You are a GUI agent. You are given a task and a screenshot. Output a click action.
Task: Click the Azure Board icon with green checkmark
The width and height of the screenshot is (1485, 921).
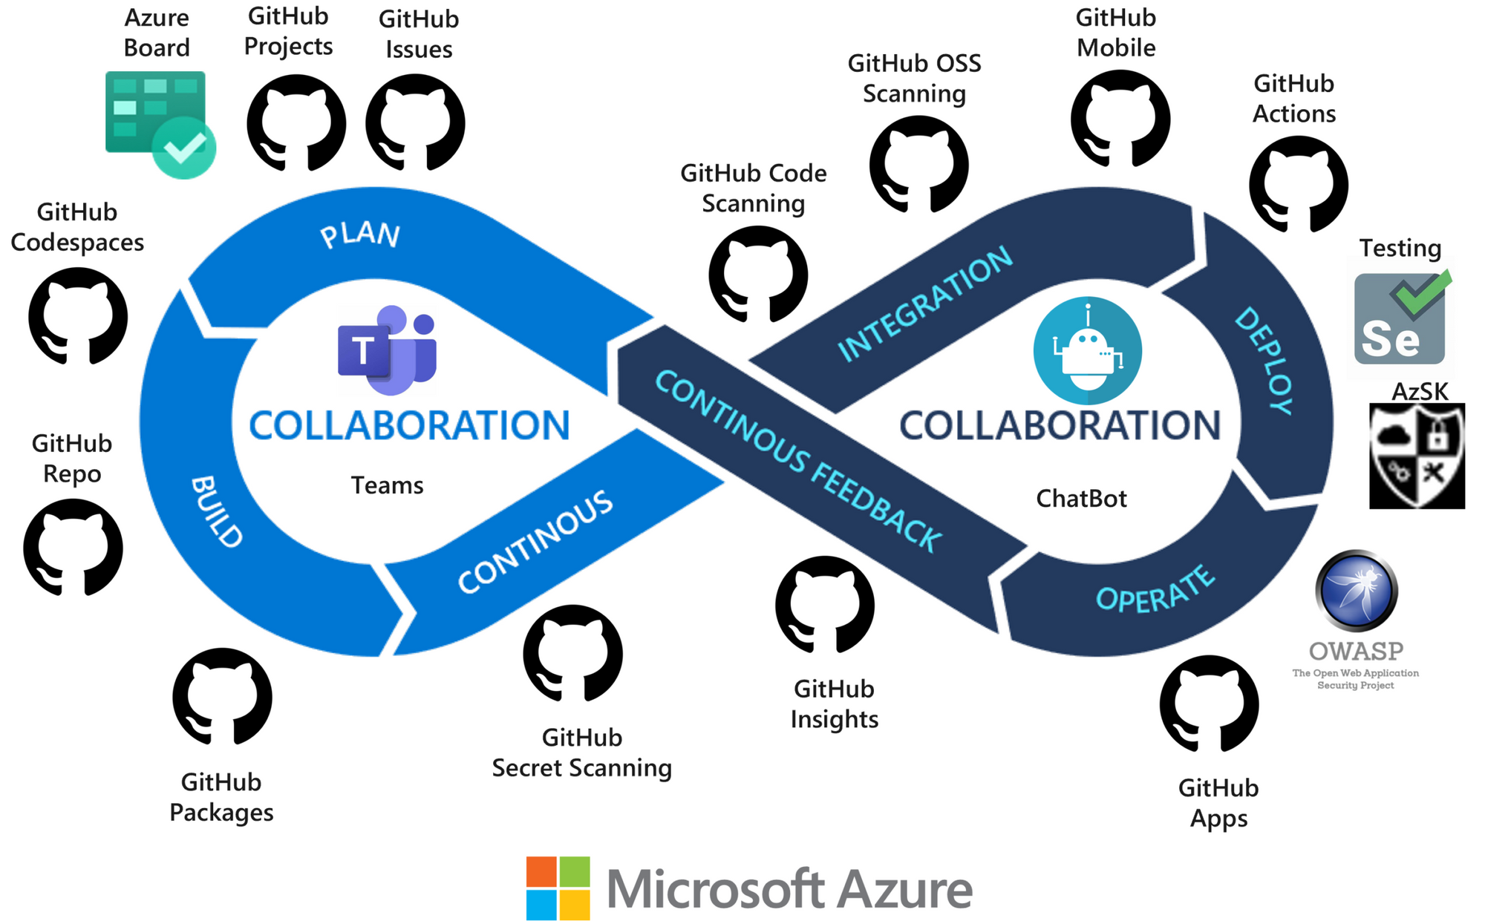[x=159, y=122]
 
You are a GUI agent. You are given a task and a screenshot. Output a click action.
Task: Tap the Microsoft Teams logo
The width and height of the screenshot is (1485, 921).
[x=387, y=350]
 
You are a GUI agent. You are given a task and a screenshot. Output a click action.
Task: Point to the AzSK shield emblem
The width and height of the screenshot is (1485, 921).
[x=1417, y=456]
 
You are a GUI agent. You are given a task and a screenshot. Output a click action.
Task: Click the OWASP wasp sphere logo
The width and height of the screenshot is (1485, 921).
[x=1356, y=591]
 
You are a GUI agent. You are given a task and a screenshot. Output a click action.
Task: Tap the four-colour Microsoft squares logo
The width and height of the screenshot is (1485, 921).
[x=558, y=888]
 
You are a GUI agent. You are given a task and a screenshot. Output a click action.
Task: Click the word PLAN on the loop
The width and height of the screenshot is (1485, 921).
[x=360, y=235]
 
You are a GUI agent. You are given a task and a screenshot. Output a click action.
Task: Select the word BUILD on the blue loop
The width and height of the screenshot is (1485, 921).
[x=216, y=512]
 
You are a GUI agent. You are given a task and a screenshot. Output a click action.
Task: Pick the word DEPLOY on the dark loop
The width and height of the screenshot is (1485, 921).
[x=1264, y=361]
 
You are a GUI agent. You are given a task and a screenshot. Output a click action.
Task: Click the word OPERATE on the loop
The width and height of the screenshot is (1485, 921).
[x=1155, y=589]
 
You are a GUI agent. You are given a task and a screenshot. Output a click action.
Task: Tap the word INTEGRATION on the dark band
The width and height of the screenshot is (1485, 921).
[x=924, y=304]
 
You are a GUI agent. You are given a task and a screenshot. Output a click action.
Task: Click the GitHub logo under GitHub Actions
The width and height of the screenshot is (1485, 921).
[x=1298, y=183]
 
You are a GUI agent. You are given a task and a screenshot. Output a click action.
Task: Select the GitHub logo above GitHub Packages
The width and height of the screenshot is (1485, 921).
[x=222, y=696]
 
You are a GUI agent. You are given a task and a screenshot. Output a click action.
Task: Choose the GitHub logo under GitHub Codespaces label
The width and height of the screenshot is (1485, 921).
[x=78, y=316]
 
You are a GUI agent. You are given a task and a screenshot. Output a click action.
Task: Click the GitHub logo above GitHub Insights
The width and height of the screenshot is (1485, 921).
[x=824, y=604]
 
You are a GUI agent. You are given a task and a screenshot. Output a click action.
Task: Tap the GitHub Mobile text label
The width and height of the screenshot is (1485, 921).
[x=1115, y=33]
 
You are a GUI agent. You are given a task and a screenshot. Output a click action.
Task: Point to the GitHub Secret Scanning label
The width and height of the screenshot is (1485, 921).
[x=581, y=753]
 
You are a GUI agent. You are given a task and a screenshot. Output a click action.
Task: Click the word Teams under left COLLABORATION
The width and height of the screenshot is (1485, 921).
[x=387, y=485]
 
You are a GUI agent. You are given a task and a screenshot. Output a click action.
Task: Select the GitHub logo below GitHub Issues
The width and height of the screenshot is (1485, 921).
[x=415, y=122]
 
